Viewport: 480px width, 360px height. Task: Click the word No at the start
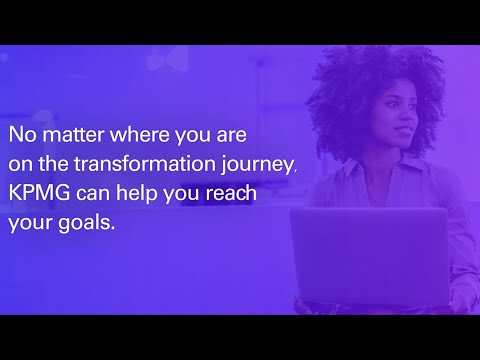click(23, 134)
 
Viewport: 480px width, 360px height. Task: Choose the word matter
click(69, 134)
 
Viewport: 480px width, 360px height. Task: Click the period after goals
click(114, 227)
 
